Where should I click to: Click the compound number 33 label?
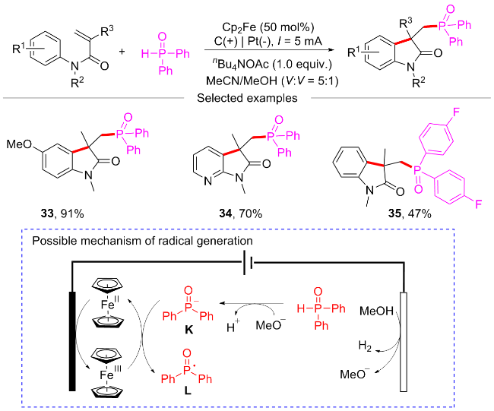tap(47, 213)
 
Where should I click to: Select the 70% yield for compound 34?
tap(251, 213)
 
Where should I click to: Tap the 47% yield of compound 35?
tap(420, 213)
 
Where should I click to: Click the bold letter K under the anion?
tap(188, 330)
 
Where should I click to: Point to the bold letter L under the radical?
tap(188, 390)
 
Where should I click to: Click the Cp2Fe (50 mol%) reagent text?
tap(268, 27)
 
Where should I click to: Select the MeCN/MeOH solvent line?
tap(272, 81)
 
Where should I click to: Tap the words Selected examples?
tap(247, 98)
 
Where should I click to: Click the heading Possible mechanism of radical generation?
tap(142, 241)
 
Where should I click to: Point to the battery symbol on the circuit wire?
tap(248, 263)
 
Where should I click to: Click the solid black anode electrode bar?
tap(72, 341)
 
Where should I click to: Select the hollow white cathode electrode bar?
tap(404, 342)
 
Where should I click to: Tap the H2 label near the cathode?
tap(365, 346)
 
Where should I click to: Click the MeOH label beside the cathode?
tap(376, 311)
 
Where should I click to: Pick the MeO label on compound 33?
tap(19, 144)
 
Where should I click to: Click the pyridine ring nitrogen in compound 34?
tap(207, 182)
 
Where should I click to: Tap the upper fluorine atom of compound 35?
tap(456, 112)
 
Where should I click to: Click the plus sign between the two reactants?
tap(122, 52)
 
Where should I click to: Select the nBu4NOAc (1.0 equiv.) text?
tap(272, 64)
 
